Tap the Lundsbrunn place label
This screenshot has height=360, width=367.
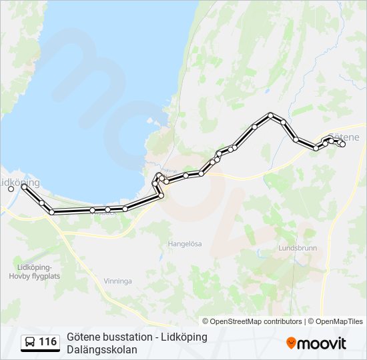pyautogui.click(x=296, y=248)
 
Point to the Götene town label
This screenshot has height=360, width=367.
pyautogui.click(x=344, y=137)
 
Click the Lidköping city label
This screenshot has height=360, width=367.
pyautogui.click(x=19, y=182)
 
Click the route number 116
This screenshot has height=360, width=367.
pyautogui.click(x=47, y=342)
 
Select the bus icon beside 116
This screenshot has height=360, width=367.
pyautogui.click(x=30, y=342)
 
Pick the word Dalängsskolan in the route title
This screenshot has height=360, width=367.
pyautogui.click(x=102, y=349)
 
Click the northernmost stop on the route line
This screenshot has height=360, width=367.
pyautogui.click(x=270, y=115)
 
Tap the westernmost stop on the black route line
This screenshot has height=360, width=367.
pyautogui.click(x=24, y=187)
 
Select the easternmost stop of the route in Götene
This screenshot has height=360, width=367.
pyautogui.click(x=342, y=144)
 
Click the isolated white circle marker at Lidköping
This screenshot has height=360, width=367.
pyautogui.click(x=11, y=189)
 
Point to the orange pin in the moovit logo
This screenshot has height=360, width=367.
pyautogui.click(x=291, y=343)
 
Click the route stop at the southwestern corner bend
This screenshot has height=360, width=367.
pyautogui.click(x=51, y=212)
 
